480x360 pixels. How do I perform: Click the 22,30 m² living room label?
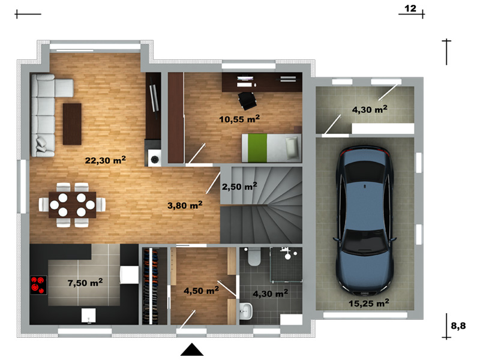coord(106,160)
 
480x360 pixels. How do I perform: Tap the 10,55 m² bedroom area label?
coord(239,118)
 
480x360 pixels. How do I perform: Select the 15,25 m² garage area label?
coord(369,303)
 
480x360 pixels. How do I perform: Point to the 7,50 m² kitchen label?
coord(85,282)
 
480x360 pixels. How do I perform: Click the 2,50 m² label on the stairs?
coord(239,186)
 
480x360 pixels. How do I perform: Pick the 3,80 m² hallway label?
coord(185,205)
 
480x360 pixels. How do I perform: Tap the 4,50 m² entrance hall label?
coord(201,290)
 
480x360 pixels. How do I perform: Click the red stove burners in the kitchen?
coord(38,285)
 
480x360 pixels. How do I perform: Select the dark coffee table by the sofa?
coord(72,124)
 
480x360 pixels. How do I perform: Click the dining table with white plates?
coord(72,205)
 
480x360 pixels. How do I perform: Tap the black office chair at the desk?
coord(247,100)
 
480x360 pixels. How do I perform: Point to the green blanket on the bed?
coord(257,148)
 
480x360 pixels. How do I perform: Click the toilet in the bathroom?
coord(254,257)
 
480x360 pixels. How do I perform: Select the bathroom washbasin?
coord(245,311)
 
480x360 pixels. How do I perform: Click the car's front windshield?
coord(364,241)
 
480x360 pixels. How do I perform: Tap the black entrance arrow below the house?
coord(192,350)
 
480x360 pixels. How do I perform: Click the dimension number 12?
coord(410,8)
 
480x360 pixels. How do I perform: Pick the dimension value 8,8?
coord(458,326)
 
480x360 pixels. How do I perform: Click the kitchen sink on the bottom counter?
coord(88,316)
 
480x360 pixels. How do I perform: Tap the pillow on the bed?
coord(292,148)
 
